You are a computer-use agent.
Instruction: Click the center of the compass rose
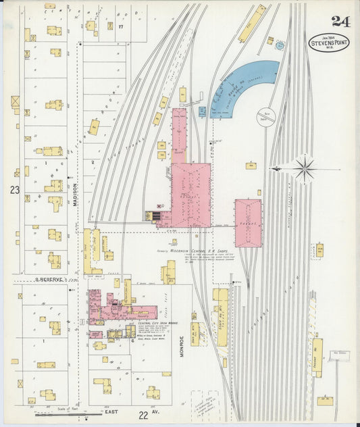304,168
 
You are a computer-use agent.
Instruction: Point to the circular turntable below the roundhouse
266,117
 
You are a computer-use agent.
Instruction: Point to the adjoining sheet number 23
15,191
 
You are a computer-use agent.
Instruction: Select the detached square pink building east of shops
248,222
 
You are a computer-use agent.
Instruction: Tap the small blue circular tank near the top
279,46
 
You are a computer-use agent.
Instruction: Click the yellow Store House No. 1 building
221,318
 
